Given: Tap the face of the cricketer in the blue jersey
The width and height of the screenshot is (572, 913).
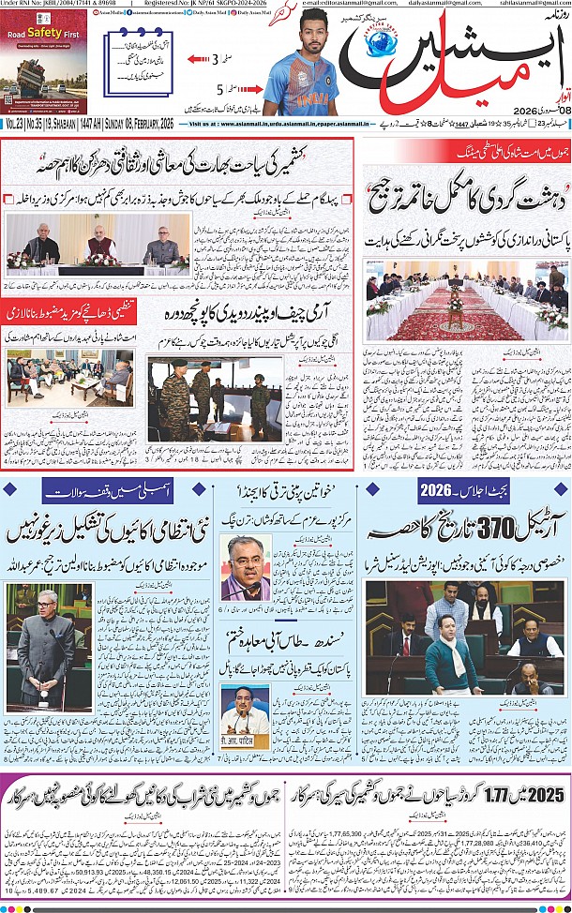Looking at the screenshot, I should tap(297, 30).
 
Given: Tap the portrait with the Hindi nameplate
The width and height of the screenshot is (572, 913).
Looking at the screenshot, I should tap(246, 710).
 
